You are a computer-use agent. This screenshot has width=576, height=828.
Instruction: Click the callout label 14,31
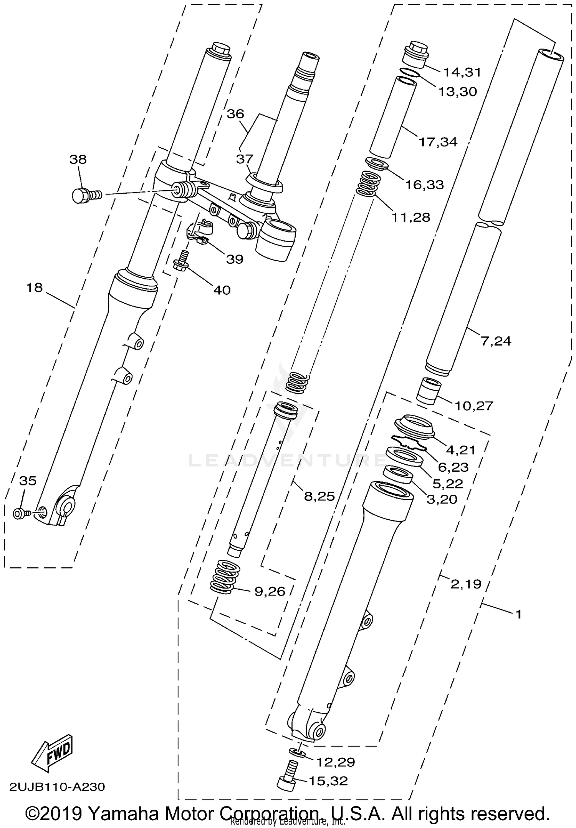(462, 72)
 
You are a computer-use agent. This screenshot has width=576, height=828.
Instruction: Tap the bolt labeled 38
(85, 196)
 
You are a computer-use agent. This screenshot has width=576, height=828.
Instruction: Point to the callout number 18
(34, 287)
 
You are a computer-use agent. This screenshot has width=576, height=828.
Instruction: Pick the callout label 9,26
(270, 591)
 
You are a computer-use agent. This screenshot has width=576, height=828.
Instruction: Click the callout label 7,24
(496, 341)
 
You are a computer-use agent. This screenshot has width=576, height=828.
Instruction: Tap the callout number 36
(235, 114)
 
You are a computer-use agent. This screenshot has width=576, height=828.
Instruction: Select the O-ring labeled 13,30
(410, 73)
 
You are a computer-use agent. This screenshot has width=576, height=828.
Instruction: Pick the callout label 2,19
(465, 584)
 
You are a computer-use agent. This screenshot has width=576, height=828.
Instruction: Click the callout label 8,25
(319, 496)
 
